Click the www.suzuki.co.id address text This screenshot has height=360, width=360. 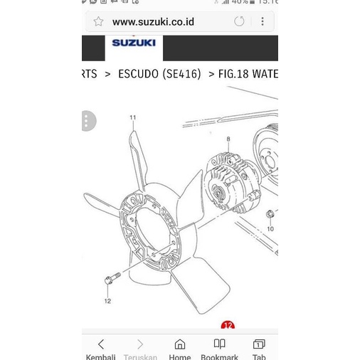click(153, 22)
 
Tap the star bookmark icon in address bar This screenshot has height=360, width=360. click(99, 22)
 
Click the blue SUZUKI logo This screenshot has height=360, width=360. click(133, 43)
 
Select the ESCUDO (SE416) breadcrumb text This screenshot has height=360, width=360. click(159, 74)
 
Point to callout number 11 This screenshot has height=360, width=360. click(132, 117)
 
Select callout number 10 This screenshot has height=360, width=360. click(270, 229)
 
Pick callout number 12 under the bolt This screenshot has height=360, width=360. click(108, 301)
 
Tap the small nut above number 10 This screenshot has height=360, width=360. click(270, 214)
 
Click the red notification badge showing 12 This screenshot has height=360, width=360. click(228, 326)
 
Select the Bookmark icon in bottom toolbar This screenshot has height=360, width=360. click(219, 345)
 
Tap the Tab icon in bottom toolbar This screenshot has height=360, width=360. click(259, 345)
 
